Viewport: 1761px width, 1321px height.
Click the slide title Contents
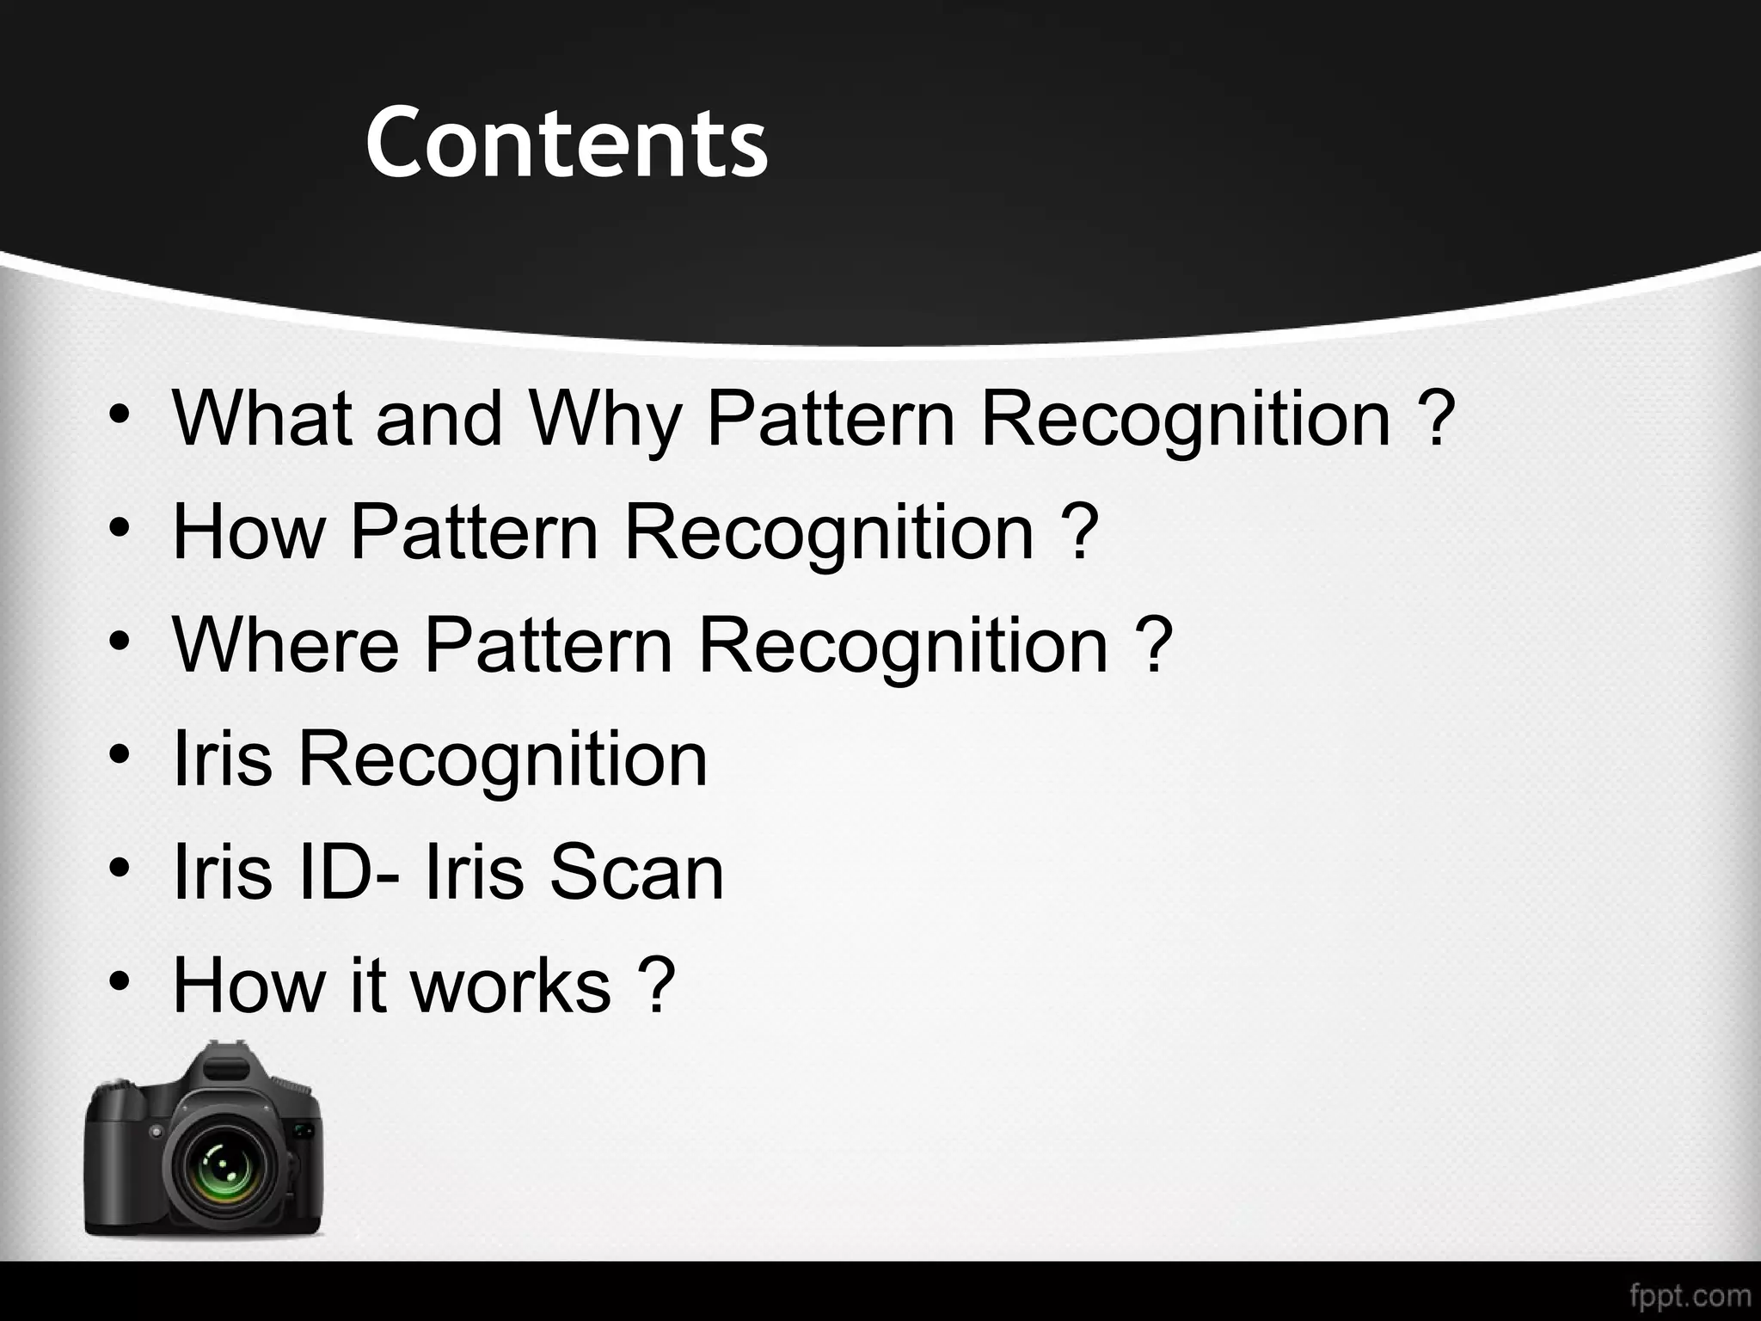pyautogui.click(x=566, y=142)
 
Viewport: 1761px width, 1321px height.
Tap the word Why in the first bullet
pyautogui.click(x=604, y=419)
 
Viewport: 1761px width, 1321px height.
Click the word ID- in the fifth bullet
pyautogui.click(x=347, y=872)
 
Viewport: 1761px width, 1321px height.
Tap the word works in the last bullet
pyautogui.click(x=511, y=986)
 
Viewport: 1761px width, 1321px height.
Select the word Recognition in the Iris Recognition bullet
pyautogui.click(x=502, y=759)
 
